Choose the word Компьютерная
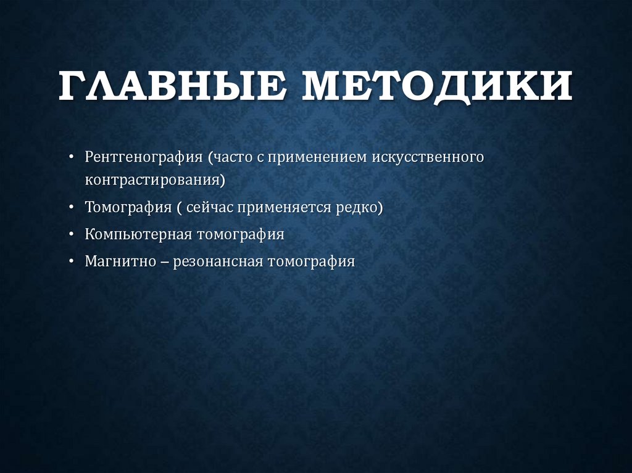click(x=138, y=235)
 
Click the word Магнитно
click(x=121, y=261)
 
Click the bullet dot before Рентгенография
click(x=73, y=157)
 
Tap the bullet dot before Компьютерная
click(x=73, y=236)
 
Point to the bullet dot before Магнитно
click(x=73, y=261)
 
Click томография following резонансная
click(x=312, y=261)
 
